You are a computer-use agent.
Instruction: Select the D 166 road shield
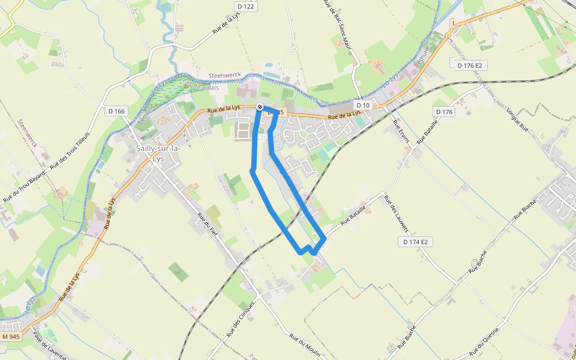pos(117,111)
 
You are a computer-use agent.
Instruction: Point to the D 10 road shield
pos(362,105)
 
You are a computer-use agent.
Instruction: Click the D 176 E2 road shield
pos(469,64)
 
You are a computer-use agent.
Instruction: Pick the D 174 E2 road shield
pos(415,242)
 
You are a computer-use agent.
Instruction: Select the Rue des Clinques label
pos(241,318)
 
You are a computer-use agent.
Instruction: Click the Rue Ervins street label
pos(401,132)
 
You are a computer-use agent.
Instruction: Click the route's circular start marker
pos(260,107)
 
